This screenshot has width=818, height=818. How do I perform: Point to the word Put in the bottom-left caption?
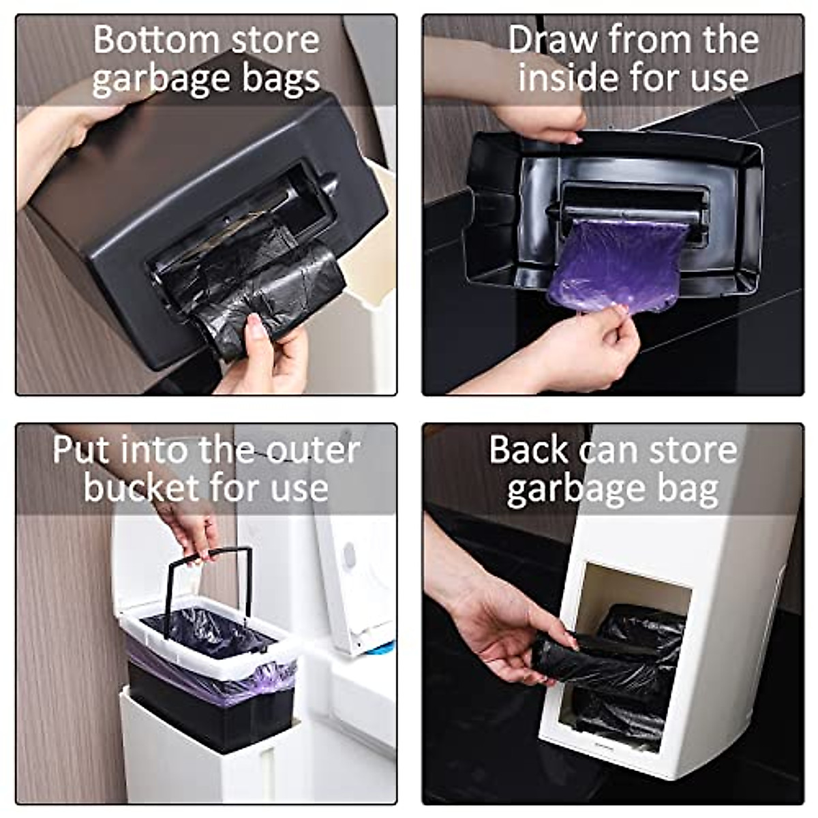pos(81,451)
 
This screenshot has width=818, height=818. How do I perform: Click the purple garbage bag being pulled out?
pos(617,262)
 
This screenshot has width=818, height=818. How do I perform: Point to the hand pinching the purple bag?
pos(586,348)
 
